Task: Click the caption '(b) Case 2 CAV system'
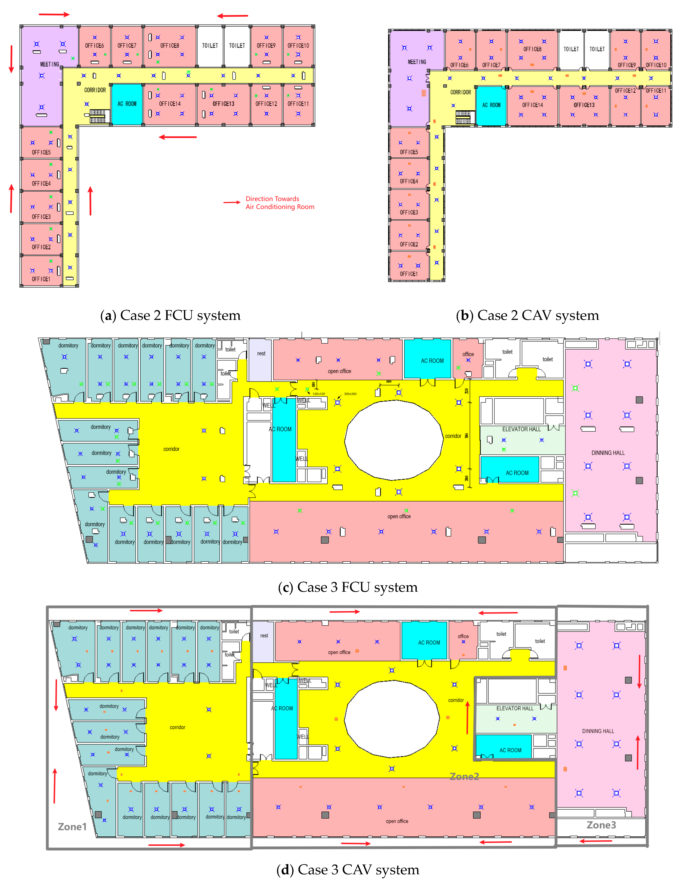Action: coord(527,315)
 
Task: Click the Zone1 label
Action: coord(72,827)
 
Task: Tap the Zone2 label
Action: coord(464,777)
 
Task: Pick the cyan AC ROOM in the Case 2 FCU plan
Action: coord(127,104)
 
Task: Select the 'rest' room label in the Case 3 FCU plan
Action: coord(261,354)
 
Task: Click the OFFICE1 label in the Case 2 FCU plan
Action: coord(41,279)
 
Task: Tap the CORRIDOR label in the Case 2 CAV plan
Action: coord(460,92)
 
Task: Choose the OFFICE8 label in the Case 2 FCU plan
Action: coord(169,45)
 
